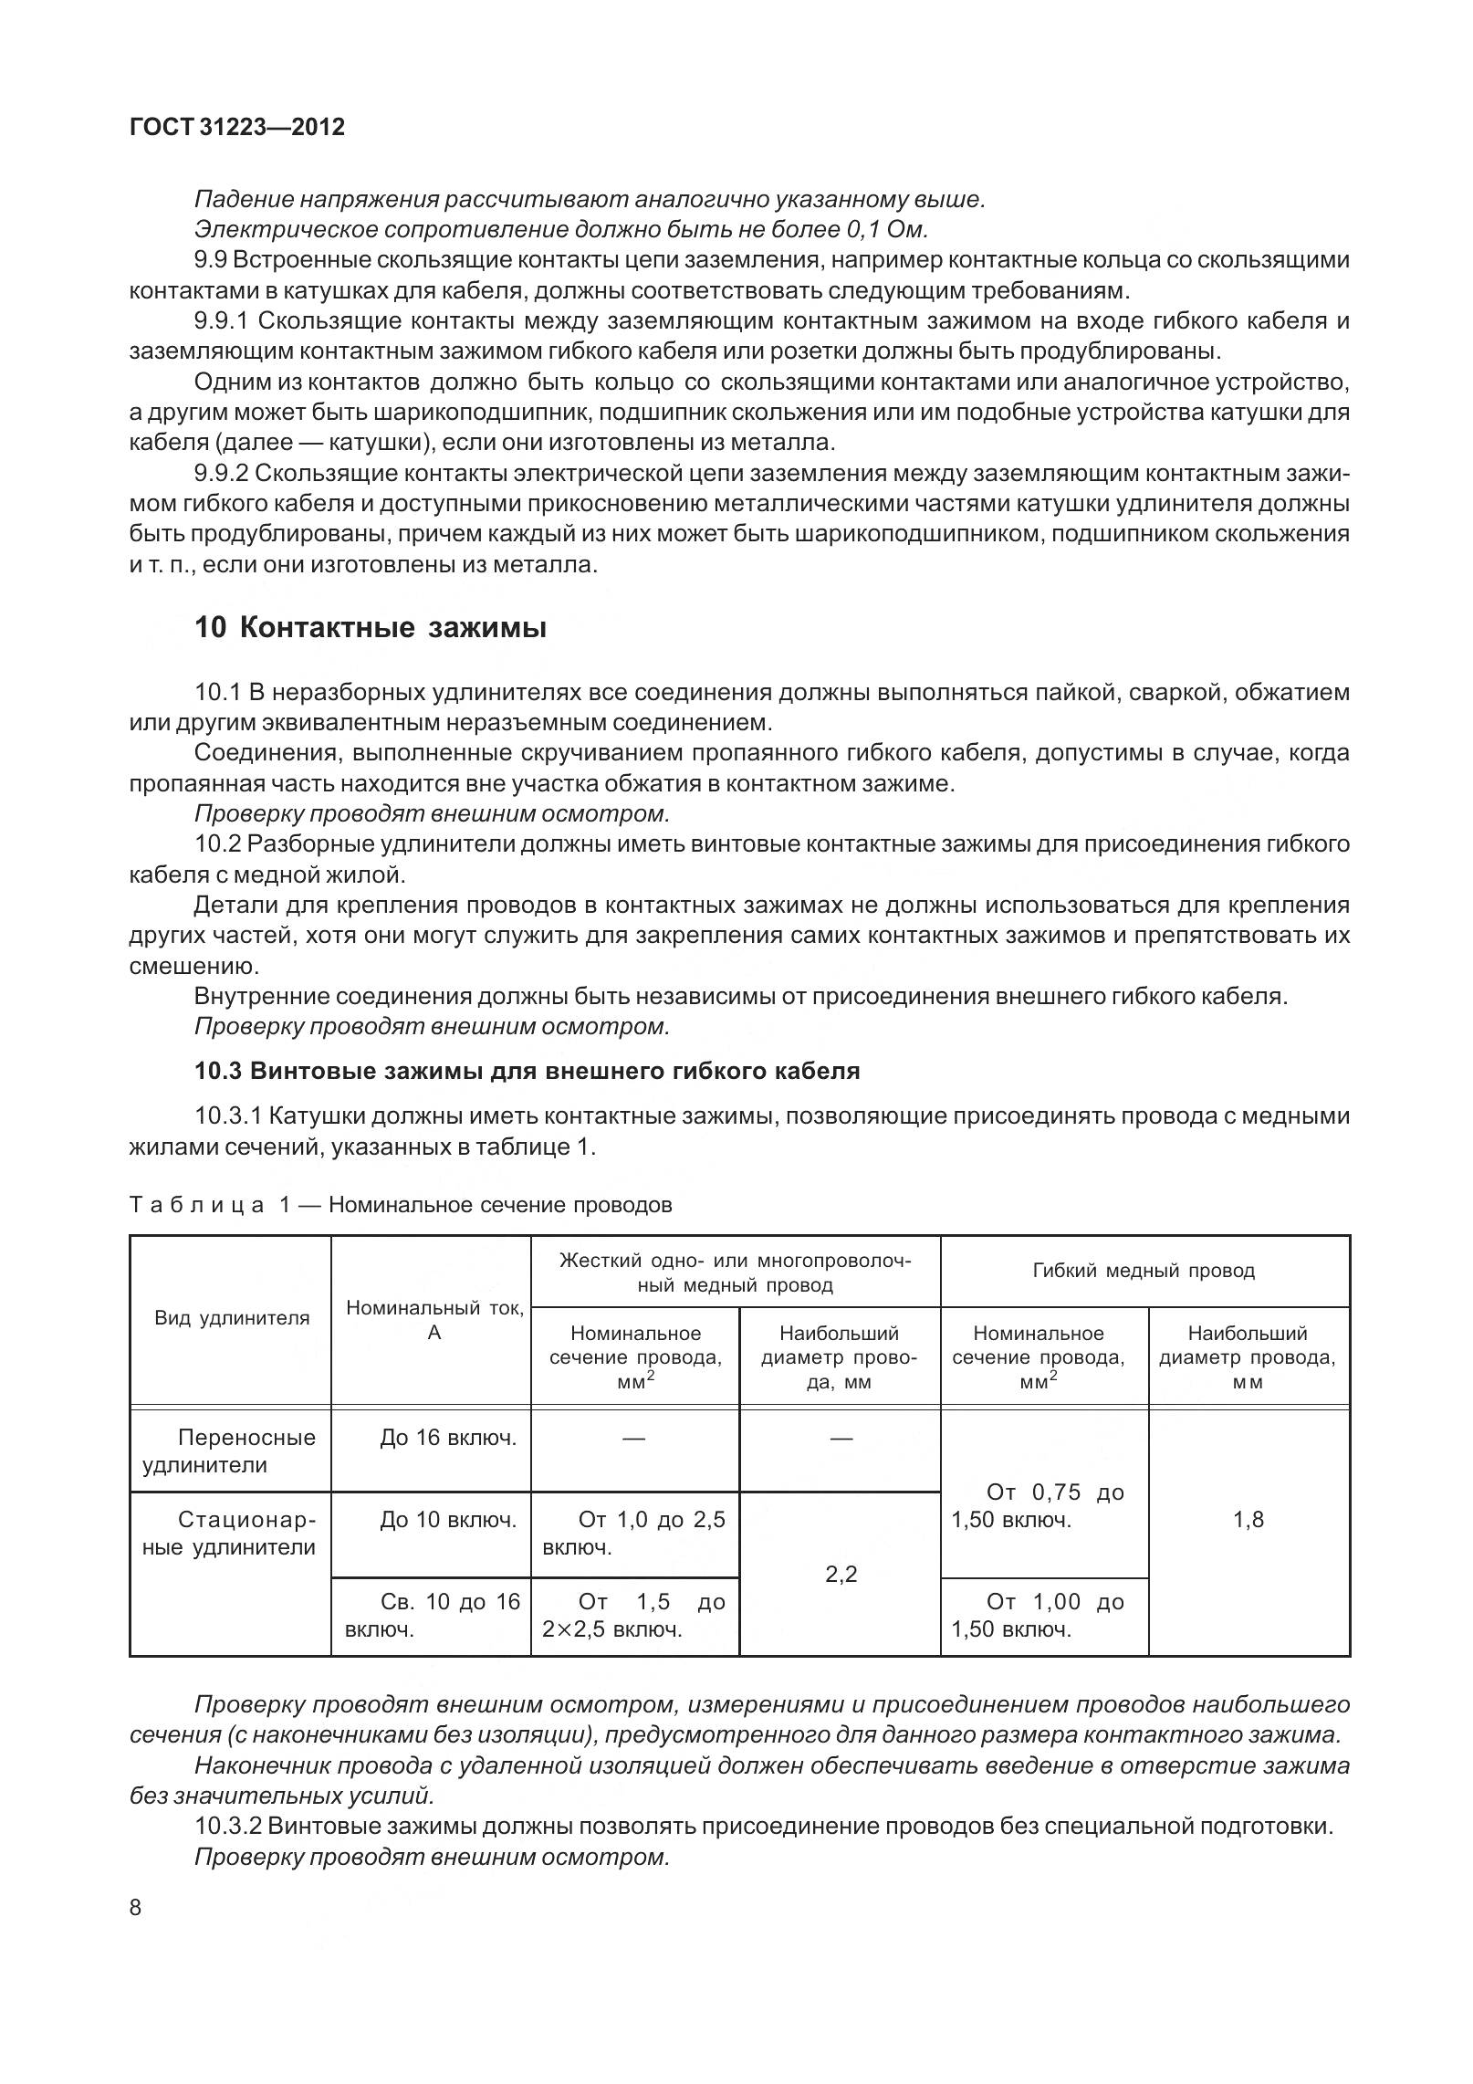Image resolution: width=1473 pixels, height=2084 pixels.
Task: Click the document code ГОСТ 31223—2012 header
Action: [x=237, y=128]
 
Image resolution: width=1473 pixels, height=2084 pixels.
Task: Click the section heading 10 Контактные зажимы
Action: [x=370, y=628]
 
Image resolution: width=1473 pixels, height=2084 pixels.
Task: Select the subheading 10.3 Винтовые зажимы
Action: [x=527, y=1071]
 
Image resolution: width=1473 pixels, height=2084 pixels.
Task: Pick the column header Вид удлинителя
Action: [x=232, y=1318]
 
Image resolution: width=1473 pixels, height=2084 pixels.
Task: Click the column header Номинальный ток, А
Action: [x=434, y=1320]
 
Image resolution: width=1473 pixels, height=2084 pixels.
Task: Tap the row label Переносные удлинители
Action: [x=232, y=1451]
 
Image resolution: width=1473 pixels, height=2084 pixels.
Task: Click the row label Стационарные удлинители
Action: [x=232, y=1534]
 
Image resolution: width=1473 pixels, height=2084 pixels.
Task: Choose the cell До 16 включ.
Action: [x=447, y=1439]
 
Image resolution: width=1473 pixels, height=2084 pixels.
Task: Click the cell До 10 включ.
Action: [x=447, y=1520]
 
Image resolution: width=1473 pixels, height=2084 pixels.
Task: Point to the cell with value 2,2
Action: [x=840, y=1575]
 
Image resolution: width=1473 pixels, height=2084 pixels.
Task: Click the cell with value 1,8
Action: [x=1248, y=1520]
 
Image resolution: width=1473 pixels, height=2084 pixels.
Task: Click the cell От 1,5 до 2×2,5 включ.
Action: [x=633, y=1616]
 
